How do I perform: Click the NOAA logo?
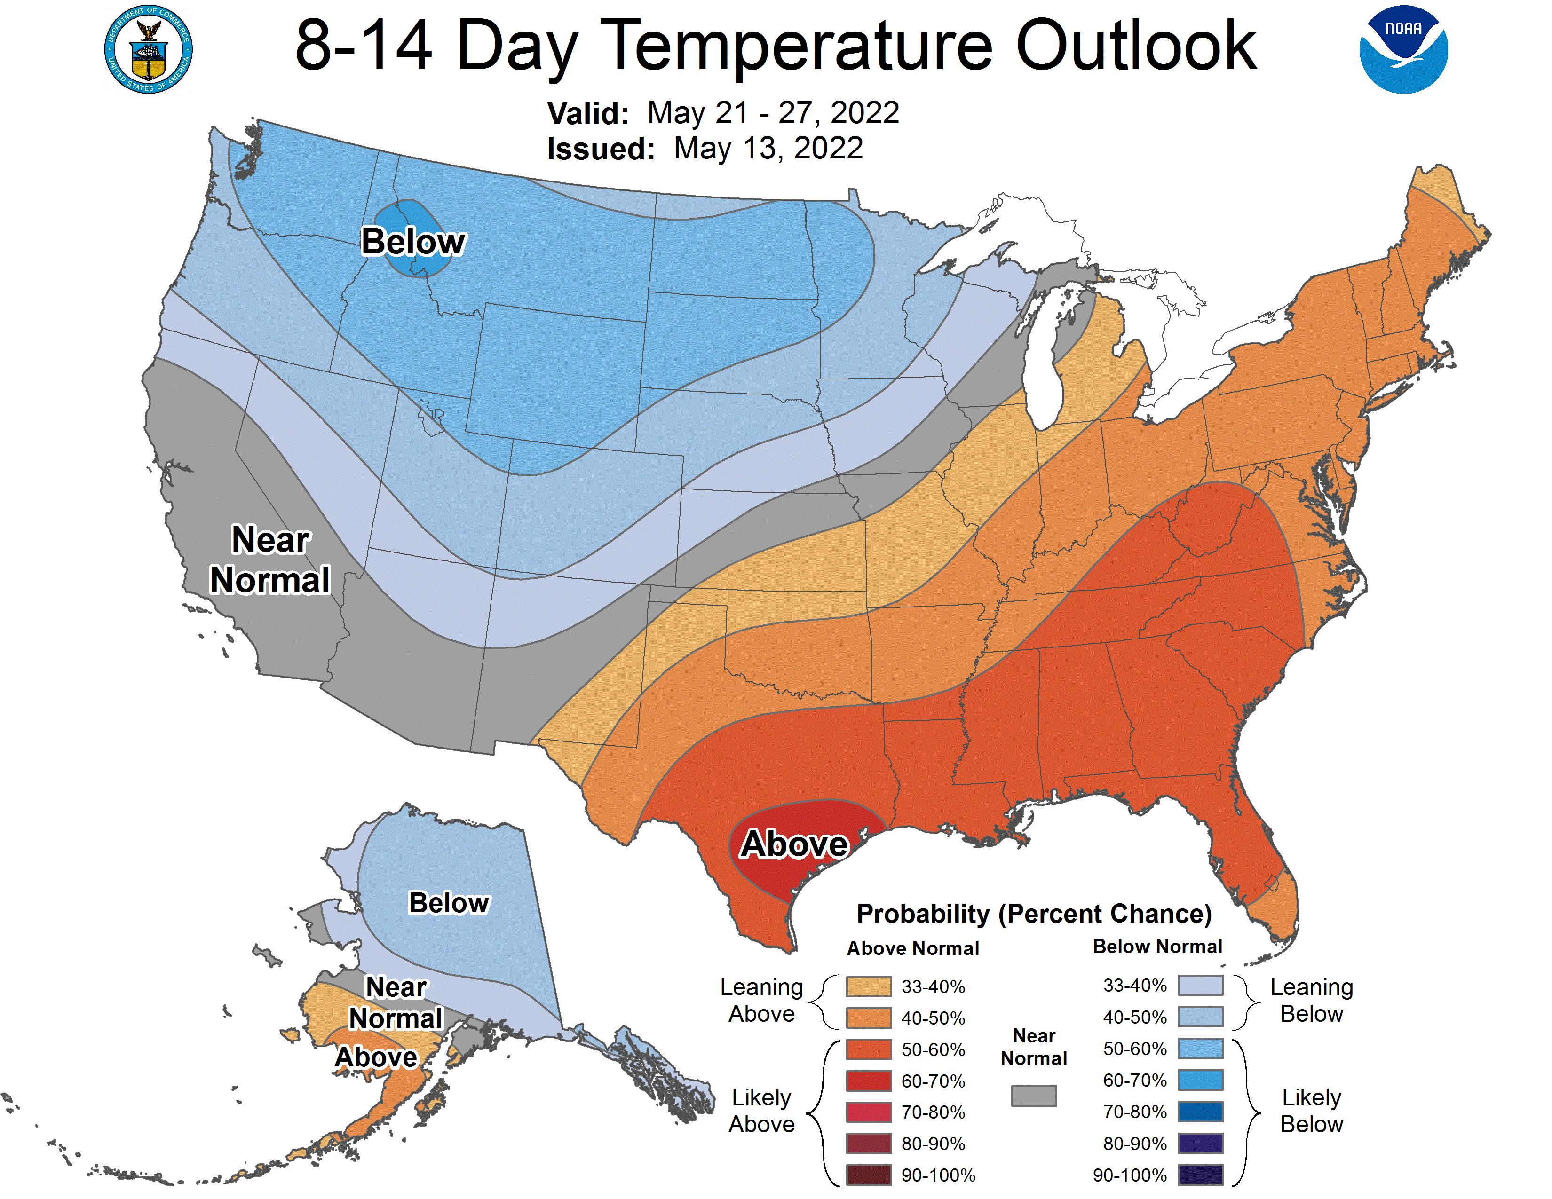[1403, 50]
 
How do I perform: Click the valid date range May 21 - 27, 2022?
[773, 113]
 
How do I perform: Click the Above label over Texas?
[794, 844]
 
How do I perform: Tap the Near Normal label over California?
[270, 560]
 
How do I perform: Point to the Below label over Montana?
[413, 242]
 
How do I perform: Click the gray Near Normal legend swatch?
[1033, 1095]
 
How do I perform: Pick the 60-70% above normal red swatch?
[868, 1081]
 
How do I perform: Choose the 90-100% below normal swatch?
[1200, 1175]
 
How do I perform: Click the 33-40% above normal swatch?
[868, 986]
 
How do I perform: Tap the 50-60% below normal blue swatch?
[1200, 1049]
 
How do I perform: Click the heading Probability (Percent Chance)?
[1034, 914]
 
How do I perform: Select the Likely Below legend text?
[1311, 1111]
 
